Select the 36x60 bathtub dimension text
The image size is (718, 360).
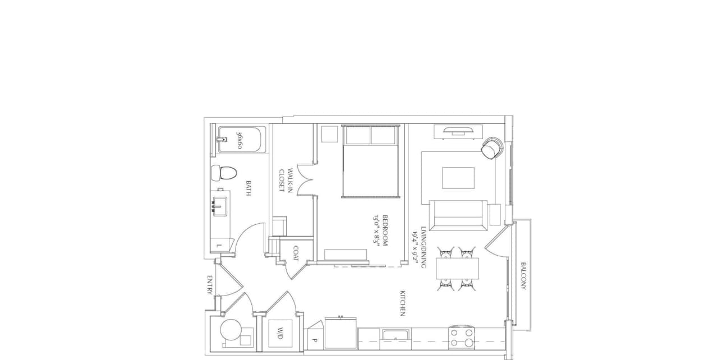[x=240, y=140]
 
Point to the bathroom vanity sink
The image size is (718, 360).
[x=219, y=207]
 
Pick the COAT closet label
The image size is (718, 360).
[x=296, y=254]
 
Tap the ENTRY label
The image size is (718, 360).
[x=209, y=285]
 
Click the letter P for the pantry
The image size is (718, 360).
[x=315, y=340]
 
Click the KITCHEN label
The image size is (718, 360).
[x=402, y=303]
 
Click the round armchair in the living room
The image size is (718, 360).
[x=492, y=148]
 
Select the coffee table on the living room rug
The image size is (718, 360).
[x=458, y=178]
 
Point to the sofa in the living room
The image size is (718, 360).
[x=457, y=215]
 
